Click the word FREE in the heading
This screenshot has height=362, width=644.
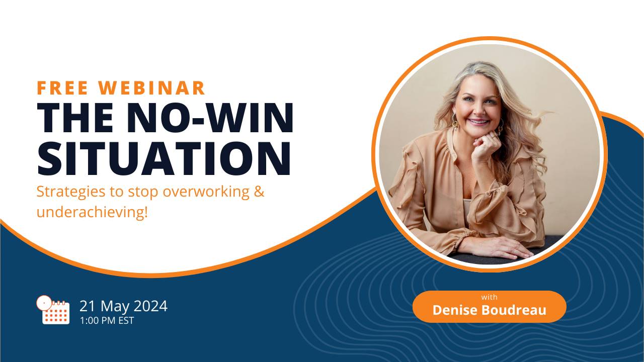tap(63, 88)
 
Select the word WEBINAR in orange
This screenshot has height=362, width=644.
tap(152, 88)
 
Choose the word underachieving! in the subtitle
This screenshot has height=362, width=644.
tap(93, 212)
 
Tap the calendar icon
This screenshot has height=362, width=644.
tap(53, 310)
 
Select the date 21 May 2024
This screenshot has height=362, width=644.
tap(123, 306)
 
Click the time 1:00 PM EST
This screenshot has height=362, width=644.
tap(107, 320)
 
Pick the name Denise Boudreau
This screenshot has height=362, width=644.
tap(489, 310)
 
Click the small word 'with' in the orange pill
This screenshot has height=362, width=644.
tap(489, 297)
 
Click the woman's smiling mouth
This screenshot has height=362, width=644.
tap(478, 122)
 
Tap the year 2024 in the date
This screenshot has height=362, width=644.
tap(150, 306)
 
